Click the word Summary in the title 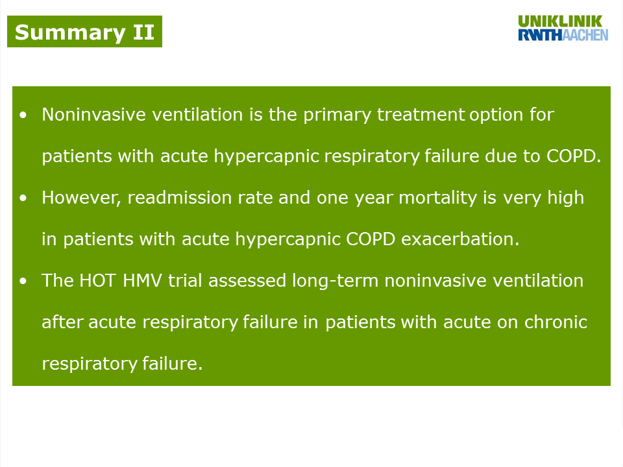point(70,33)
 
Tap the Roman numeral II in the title point(143,32)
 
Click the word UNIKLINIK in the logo point(560,21)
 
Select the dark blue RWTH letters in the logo point(541,35)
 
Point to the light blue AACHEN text point(585,35)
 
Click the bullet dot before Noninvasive point(23,115)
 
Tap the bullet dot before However point(23,198)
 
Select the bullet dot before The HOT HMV point(23,281)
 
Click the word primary point(337,116)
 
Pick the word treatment point(421,115)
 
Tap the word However point(81,198)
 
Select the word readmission point(179,198)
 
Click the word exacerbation point(460,239)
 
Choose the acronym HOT point(98,281)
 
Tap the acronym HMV point(142,281)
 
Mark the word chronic point(556,322)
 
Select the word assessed point(247,281)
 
